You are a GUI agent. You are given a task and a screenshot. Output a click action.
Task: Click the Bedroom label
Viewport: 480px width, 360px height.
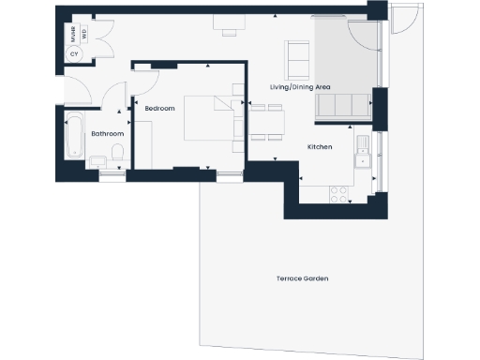click(x=159, y=109)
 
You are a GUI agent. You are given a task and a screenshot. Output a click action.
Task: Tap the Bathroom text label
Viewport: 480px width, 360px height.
click(x=107, y=134)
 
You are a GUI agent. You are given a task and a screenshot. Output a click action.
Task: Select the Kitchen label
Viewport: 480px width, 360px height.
click(x=321, y=147)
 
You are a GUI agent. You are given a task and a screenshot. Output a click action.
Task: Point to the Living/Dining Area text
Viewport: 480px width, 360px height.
click(x=300, y=87)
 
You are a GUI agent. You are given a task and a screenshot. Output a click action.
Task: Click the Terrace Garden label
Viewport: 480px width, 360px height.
click(x=302, y=279)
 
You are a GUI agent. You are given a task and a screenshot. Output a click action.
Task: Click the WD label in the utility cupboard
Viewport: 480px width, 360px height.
click(x=83, y=36)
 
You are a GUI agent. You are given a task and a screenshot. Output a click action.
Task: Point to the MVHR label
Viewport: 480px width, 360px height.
click(x=73, y=36)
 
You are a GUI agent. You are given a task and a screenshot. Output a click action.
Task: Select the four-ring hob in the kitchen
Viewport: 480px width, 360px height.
click(x=338, y=193)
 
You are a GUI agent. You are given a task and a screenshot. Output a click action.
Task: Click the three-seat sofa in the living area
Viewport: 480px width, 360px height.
click(x=342, y=107)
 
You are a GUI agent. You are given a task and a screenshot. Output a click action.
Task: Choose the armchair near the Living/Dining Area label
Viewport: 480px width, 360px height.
click(x=298, y=59)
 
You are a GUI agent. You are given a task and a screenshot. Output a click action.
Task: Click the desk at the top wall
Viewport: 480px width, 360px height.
click(x=227, y=22)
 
